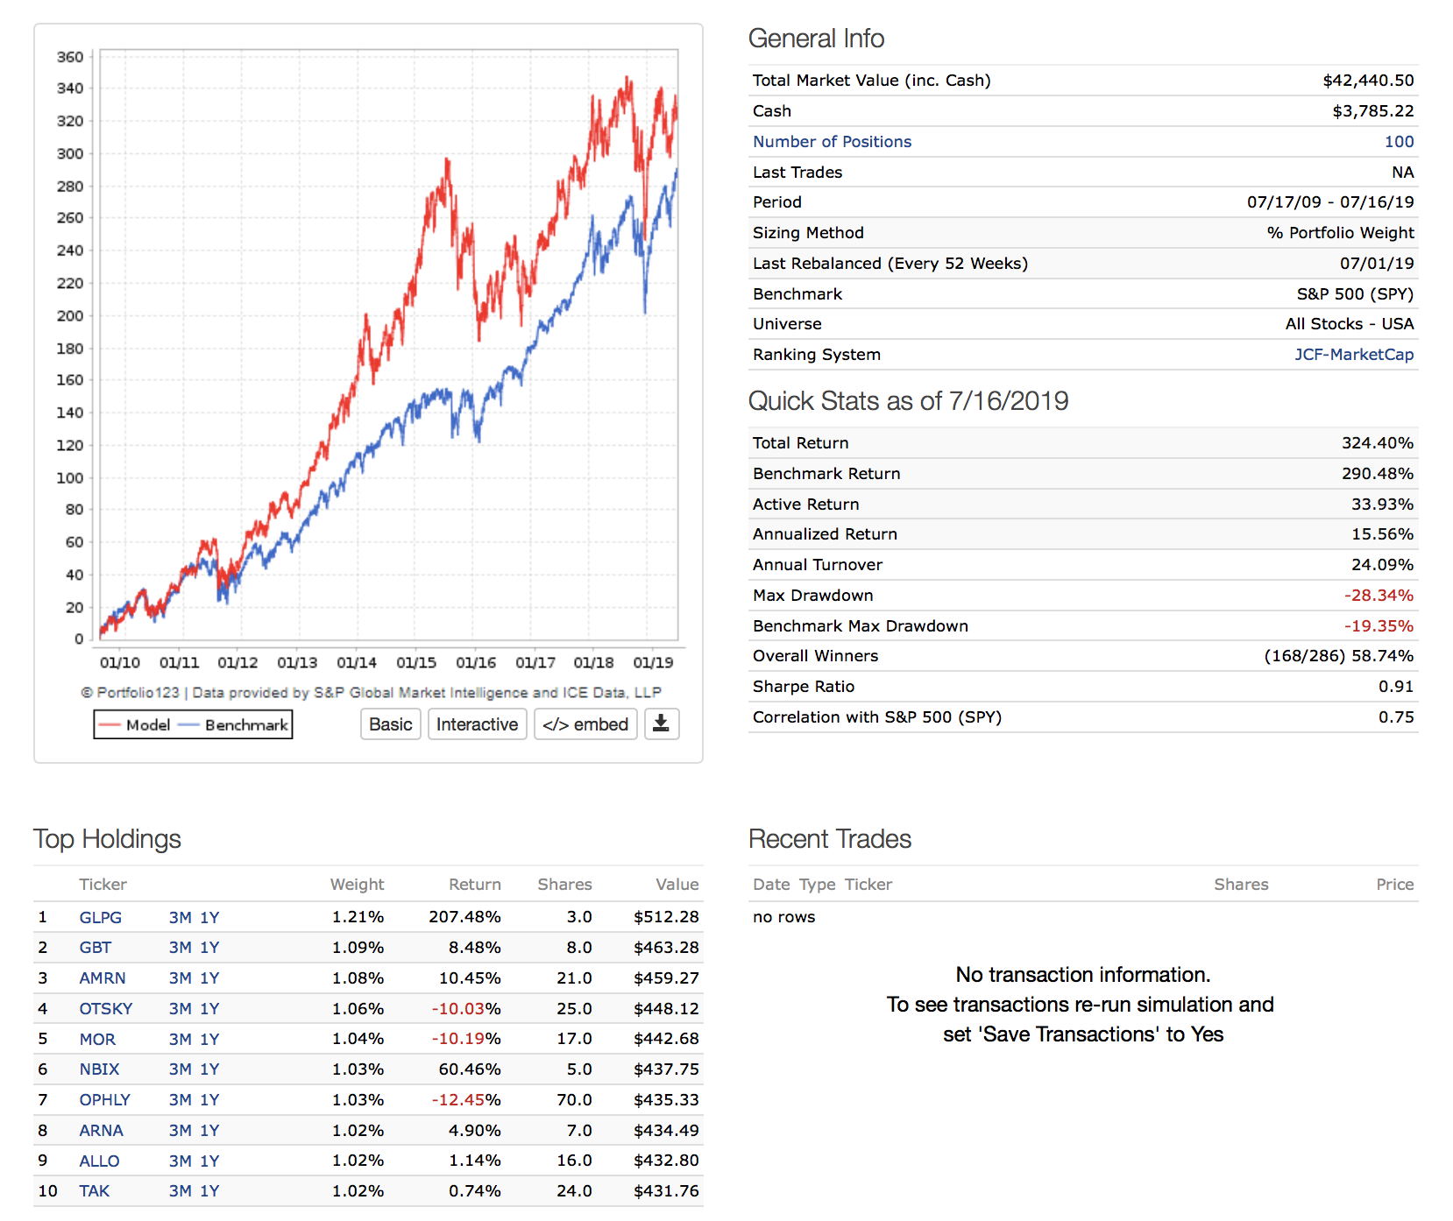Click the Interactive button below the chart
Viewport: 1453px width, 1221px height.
[x=477, y=724]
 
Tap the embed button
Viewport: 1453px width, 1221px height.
[x=585, y=724]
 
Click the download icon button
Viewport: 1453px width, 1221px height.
[x=662, y=724]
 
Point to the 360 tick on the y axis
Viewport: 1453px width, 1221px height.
[x=70, y=57]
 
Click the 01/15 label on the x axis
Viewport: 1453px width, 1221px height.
[x=416, y=663]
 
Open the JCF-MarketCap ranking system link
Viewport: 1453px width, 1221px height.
[x=1354, y=355]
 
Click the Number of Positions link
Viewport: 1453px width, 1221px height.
[x=832, y=142]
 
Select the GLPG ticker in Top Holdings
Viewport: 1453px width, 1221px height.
[x=101, y=917]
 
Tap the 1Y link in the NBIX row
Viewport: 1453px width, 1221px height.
[x=209, y=1069]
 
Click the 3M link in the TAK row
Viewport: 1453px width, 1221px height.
[x=180, y=1191]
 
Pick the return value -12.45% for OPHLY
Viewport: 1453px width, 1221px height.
[x=465, y=1100]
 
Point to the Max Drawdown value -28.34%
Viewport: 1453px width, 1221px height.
[x=1379, y=596]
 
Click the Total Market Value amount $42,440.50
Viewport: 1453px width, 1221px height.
[x=1368, y=81]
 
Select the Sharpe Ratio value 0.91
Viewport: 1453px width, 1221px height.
[x=1396, y=687]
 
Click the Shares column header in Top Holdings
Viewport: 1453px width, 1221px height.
[x=564, y=885]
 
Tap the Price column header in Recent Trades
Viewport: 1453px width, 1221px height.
[x=1394, y=885]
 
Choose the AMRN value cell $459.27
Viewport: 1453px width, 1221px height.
[x=666, y=978]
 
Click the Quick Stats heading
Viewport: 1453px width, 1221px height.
[x=908, y=401]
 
